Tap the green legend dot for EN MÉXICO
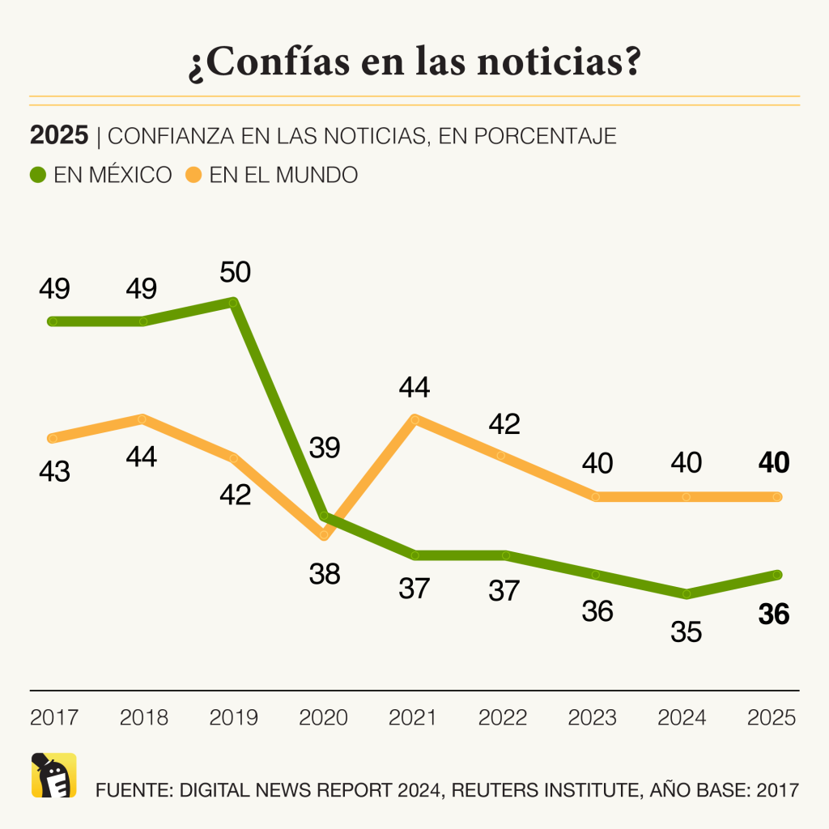coord(39,174)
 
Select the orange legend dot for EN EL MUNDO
coord(194,174)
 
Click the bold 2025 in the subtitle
coord(58,135)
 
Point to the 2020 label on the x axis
coord(324,717)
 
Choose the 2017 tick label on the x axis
coord(53,717)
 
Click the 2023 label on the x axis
coord(593,717)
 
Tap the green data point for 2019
coord(233,303)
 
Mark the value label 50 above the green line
coord(235,271)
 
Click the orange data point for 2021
coord(414,419)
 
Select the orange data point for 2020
coord(325,535)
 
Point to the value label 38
coord(325,574)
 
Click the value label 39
coord(325,448)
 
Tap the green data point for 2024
coord(687,594)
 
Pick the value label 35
coord(687,631)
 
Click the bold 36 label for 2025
coord(773,615)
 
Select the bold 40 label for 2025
coord(773,463)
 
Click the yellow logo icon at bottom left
coord(53,775)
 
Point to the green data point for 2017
coord(53,321)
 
